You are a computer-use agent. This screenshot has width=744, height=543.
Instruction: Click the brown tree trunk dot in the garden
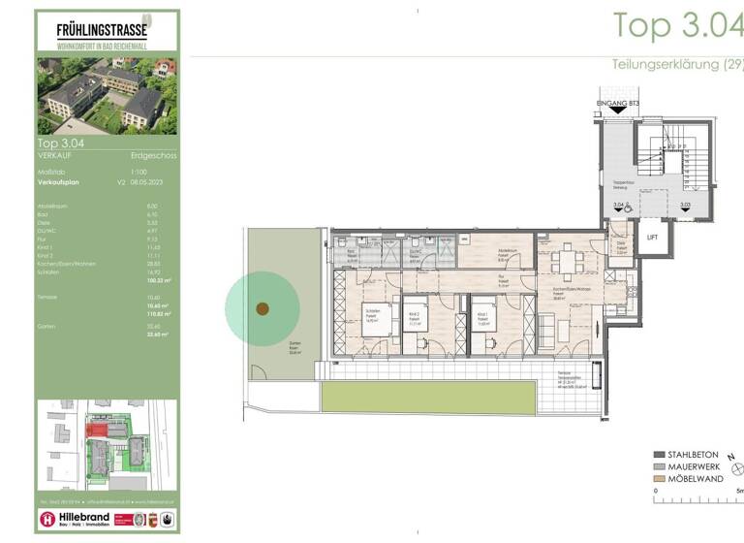tap(262, 309)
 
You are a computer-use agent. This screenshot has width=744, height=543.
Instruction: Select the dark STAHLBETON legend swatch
tap(659, 454)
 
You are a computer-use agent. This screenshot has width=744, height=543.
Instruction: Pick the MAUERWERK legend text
tap(697, 466)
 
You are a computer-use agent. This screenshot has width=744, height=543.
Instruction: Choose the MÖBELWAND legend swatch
tap(659, 479)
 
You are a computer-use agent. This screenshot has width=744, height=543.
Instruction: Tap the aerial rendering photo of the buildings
tap(108, 95)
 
